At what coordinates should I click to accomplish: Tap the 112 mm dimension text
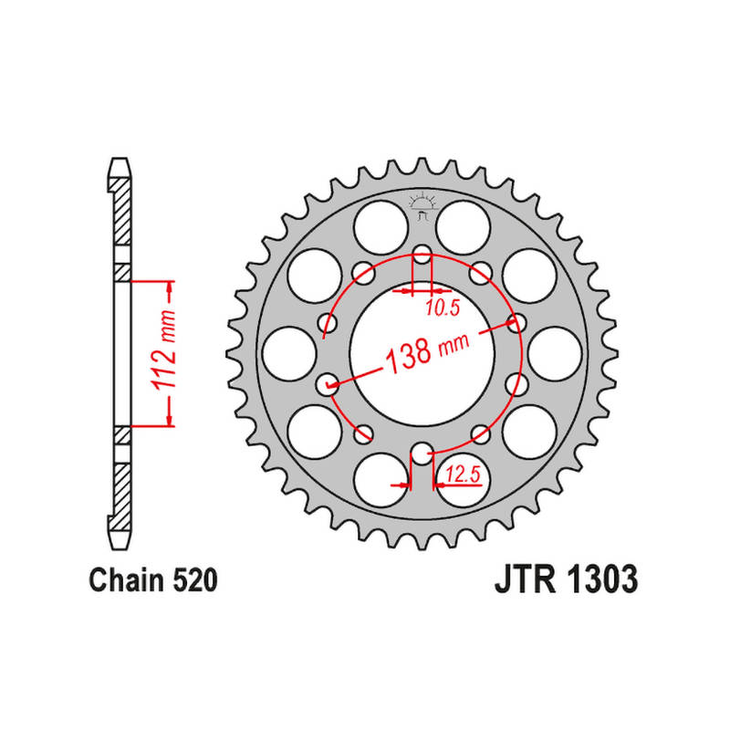pyautogui.click(x=163, y=349)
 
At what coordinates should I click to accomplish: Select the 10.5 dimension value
pyautogui.click(x=443, y=308)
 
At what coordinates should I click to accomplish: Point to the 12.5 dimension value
pyautogui.click(x=463, y=474)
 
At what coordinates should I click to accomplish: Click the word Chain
pyautogui.click(x=128, y=580)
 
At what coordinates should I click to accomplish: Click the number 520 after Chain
pyautogui.click(x=195, y=580)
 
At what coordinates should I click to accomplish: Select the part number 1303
pyautogui.click(x=602, y=579)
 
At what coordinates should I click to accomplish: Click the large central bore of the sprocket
pyautogui.click(x=422, y=354)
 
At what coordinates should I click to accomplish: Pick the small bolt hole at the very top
pyautogui.click(x=422, y=255)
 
